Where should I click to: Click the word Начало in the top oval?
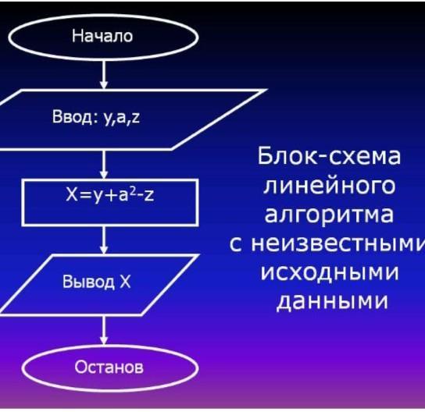click(x=102, y=36)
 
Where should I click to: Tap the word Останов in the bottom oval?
click(x=109, y=367)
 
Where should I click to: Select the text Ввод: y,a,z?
click(x=96, y=118)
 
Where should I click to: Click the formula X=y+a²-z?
click(x=110, y=194)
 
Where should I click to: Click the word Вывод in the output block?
click(x=88, y=282)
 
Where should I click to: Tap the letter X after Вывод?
click(x=125, y=282)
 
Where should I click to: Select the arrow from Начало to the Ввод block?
click(x=104, y=75)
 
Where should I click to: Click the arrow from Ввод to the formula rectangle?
click(x=104, y=164)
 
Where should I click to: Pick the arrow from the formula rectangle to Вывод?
click(x=104, y=240)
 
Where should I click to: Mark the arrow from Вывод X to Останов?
click(x=104, y=331)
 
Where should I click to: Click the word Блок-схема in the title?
click(x=329, y=156)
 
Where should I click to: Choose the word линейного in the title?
click(x=330, y=186)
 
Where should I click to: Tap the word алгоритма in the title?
click(x=329, y=215)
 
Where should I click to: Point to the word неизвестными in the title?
click(x=337, y=243)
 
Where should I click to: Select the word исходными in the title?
click(x=330, y=272)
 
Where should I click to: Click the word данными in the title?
click(x=332, y=301)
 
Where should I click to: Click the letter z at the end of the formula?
click(x=149, y=195)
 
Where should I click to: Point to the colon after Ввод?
click(x=95, y=119)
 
